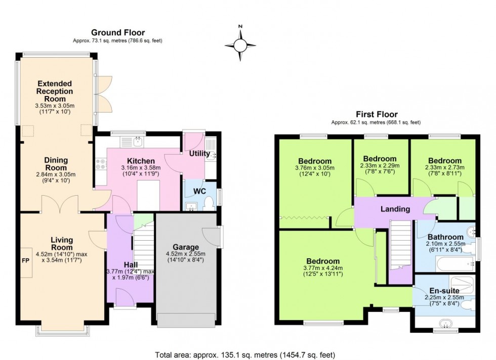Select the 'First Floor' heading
click(376, 114)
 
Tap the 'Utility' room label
click(199, 153)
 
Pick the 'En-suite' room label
click(444, 291)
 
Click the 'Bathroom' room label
click(445, 237)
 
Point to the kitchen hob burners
click(100, 164)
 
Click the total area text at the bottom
click(244, 355)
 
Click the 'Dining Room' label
click(56, 164)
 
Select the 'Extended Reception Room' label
click(54, 91)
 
